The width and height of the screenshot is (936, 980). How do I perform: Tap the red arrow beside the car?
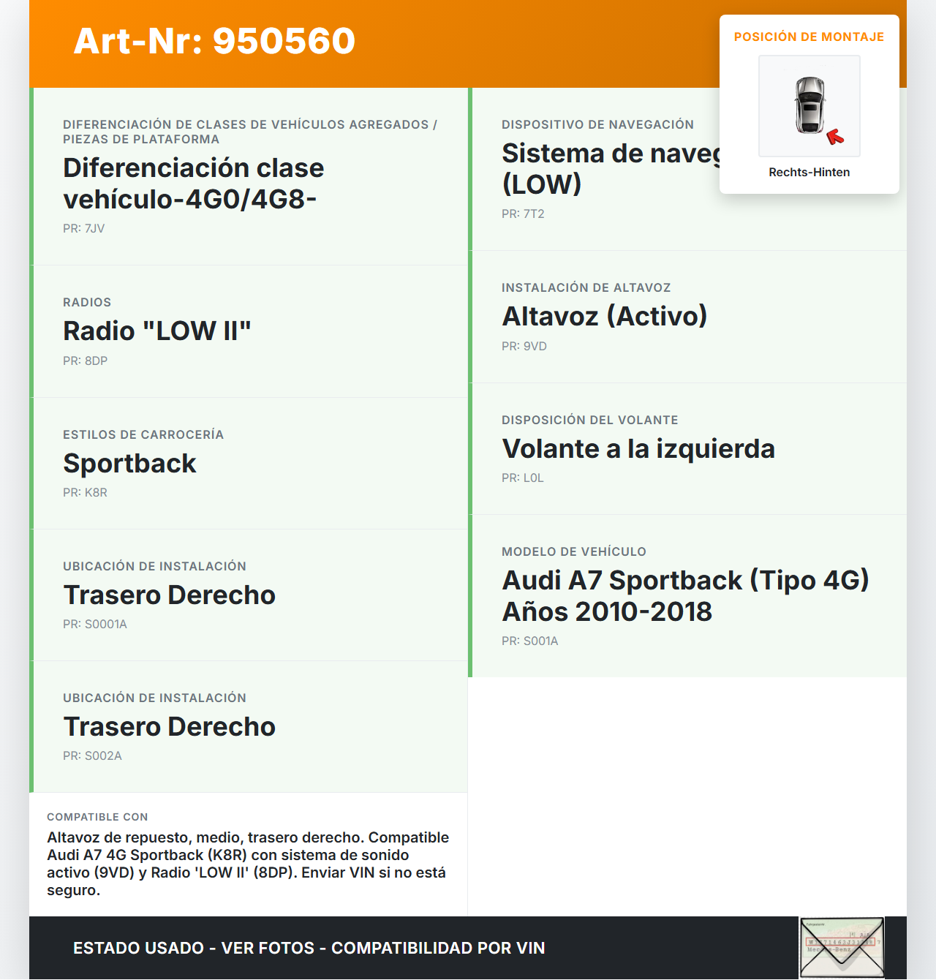pyautogui.click(x=834, y=137)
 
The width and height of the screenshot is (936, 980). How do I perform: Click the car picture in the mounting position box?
pyautogui.click(x=809, y=105)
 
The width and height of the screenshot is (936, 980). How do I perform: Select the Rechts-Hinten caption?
pyautogui.click(x=809, y=173)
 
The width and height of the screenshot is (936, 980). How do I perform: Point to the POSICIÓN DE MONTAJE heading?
pyautogui.click(x=809, y=37)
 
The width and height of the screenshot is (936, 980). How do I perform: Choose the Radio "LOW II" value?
pyautogui.click(x=157, y=331)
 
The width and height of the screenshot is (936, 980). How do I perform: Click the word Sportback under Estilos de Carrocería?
pyautogui.click(x=130, y=464)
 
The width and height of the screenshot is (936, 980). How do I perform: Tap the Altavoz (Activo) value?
pyautogui.click(x=604, y=317)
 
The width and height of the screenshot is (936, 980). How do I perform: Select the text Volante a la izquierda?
pyautogui.click(x=638, y=449)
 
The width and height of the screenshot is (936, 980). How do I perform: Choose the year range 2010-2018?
pyautogui.click(x=643, y=612)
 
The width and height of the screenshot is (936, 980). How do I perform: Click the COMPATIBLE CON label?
pyautogui.click(x=97, y=817)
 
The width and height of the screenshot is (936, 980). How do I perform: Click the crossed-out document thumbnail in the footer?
pyautogui.click(x=841, y=948)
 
